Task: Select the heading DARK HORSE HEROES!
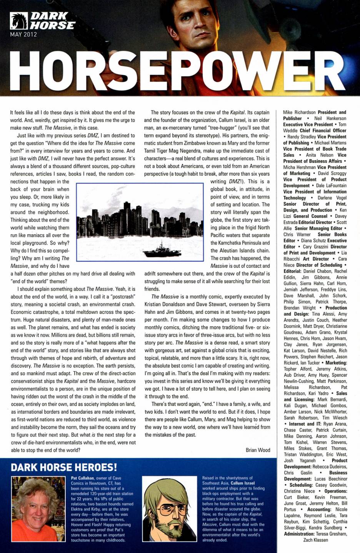[x=64, y=467]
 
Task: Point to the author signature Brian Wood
[x=258, y=450]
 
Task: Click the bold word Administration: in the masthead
[x=299, y=534]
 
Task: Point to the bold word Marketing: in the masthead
[x=333, y=363]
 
